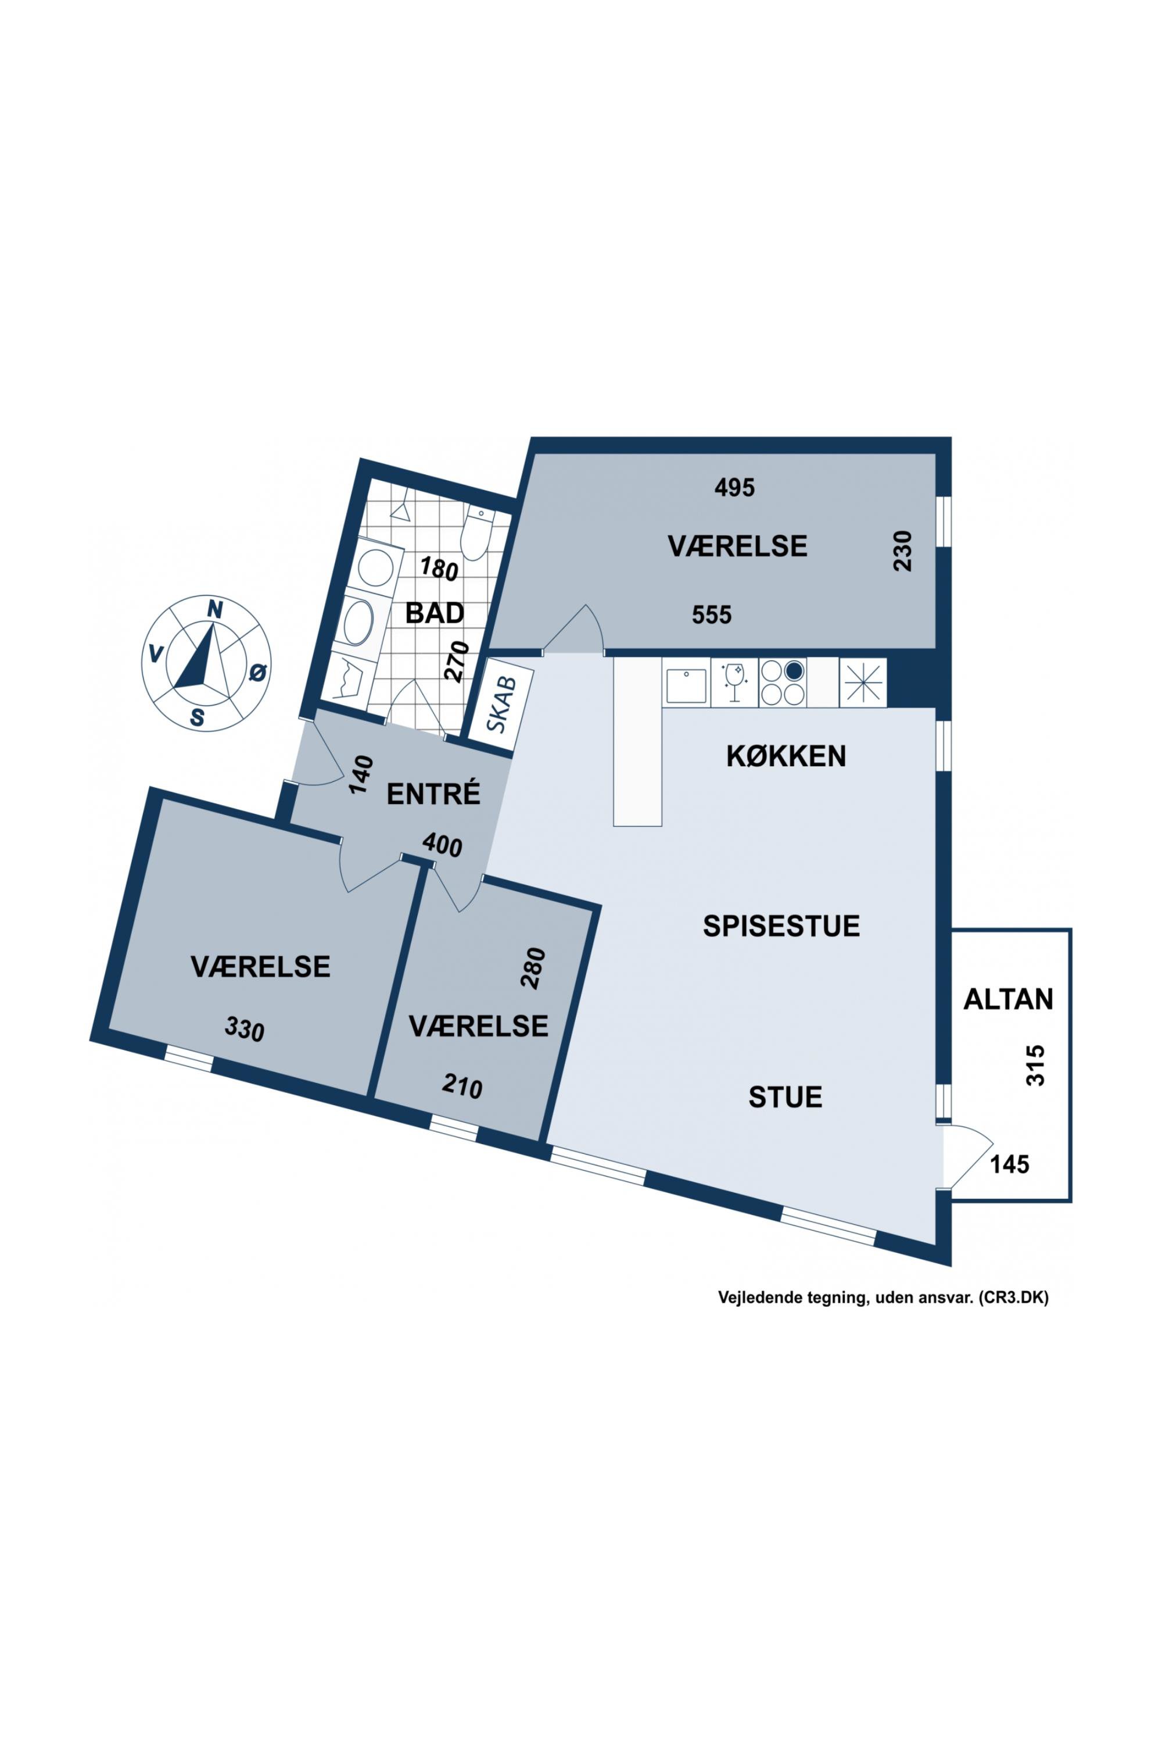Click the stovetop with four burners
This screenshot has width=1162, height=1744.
pos(783,682)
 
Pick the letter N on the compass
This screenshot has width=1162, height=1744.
pos(214,609)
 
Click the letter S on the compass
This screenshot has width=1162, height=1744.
pos(197,717)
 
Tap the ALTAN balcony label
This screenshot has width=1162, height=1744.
pos(1008,999)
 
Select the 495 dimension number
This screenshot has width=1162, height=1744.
pos(734,487)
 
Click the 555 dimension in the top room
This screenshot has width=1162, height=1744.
pos(711,614)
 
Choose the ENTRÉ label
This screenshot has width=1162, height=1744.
pos(433,794)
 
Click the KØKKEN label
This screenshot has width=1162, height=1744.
pos(786,756)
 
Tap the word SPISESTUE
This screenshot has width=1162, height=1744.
pos(781,926)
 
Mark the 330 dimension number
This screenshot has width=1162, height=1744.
pos(245,1029)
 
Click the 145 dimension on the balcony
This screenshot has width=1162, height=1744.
pos(1010,1165)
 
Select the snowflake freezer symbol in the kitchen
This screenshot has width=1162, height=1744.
pos(863,682)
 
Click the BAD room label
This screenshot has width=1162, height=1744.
pos(435,613)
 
